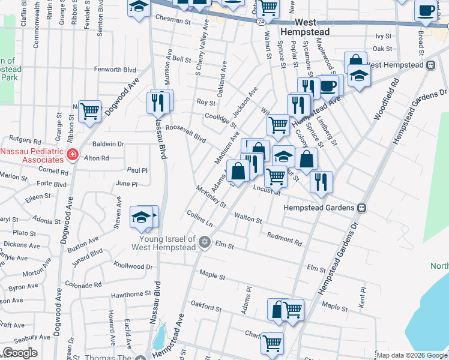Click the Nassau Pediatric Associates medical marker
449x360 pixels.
tap(72, 154)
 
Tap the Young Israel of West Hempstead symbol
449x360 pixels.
tap(204, 242)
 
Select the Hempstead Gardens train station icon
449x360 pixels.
tap(362, 208)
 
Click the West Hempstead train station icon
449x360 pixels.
tap(431, 65)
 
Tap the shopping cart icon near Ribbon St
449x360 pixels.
tap(89, 110)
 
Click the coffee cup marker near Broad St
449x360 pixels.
tap(426, 10)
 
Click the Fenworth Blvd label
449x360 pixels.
tap(115, 70)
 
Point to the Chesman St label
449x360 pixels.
tap(172, 19)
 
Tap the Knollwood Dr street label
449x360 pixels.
tap(133, 266)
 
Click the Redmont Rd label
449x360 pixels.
tap(285, 238)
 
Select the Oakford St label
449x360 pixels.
tap(206, 307)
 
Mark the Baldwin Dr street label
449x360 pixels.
tap(108, 144)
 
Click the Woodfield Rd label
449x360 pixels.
tap(387, 100)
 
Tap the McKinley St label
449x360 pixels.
tap(211, 196)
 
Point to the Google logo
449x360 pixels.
tap(20, 353)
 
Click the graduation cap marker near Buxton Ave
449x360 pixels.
tap(141, 217)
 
